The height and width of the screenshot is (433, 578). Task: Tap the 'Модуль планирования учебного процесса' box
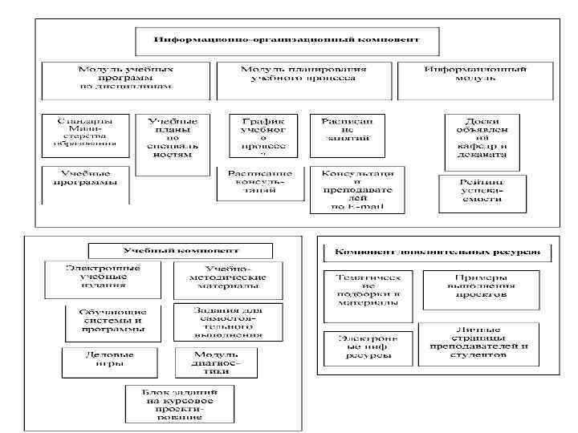303,75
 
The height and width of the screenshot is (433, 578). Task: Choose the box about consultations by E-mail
357,189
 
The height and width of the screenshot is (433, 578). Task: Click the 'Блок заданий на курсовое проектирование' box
169,403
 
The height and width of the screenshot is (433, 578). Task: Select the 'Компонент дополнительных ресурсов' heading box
437,252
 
